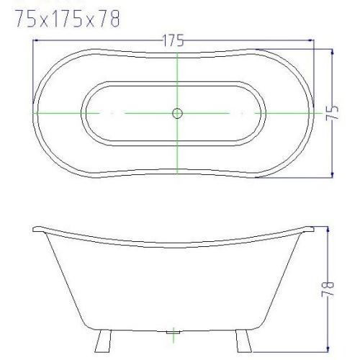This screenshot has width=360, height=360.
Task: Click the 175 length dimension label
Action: coord(174,40)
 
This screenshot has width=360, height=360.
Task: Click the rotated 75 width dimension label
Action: coord(332,112)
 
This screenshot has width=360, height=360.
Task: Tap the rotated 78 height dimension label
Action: coord(328,289)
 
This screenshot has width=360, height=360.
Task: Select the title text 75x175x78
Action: coord(68,19)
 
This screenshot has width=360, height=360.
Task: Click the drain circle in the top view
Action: coord(177,113)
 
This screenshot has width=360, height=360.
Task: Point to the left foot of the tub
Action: coord(103,341)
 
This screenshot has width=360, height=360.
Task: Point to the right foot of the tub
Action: coord(243,341)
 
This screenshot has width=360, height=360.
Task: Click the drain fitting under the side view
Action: coord(174,333)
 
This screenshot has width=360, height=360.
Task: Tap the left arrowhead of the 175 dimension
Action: coord(36,40)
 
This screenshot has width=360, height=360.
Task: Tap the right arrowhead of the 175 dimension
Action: coord(311,40)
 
